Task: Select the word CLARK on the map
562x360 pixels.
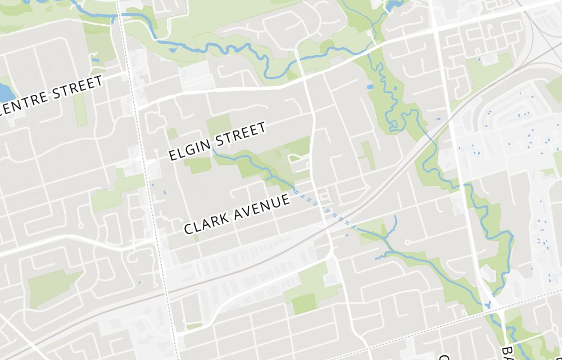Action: [204, 223]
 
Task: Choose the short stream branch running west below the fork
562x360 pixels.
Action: [382, 256]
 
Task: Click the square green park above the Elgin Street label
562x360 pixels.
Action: [219, 124]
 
